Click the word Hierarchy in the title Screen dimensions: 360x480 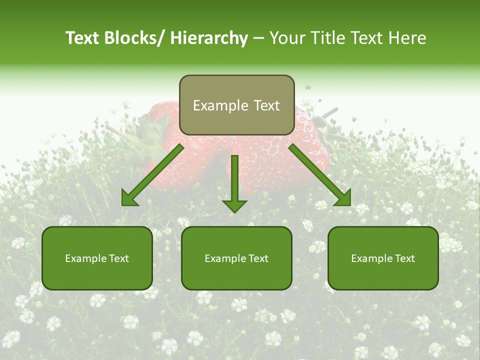(208, 38)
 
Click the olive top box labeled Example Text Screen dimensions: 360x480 (236, 105)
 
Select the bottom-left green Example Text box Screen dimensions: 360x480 (97, 258)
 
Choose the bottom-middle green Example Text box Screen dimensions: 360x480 (236, 258)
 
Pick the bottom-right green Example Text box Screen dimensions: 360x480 (383, 258)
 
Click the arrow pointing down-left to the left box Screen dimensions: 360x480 (152, 175)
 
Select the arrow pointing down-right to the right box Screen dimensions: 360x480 (320, 175)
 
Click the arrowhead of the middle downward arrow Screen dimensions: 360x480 (234, 205)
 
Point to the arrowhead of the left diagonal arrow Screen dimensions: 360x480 (129, 199)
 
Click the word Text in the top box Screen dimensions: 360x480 (267, 105)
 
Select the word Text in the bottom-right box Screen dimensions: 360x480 (404, 258)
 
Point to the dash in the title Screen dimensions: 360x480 (258, 39)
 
